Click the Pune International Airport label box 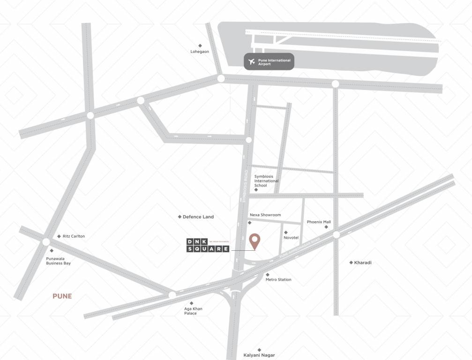[269, 61]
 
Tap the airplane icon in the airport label [252, 61]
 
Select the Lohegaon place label [200, 52]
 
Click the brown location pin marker [255, 241]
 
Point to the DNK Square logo [208, 245]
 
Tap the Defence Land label [198, 217]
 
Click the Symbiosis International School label [266, 181]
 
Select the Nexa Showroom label [265, 215]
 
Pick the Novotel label [291, 238]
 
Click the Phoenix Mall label [319, 222]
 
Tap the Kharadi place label [363, 262]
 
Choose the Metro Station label [278, 280]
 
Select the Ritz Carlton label [74, 236]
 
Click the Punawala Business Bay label [58, 261]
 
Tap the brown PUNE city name [62, 296]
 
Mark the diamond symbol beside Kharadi [351, 262]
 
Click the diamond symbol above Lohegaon [200, 45]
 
